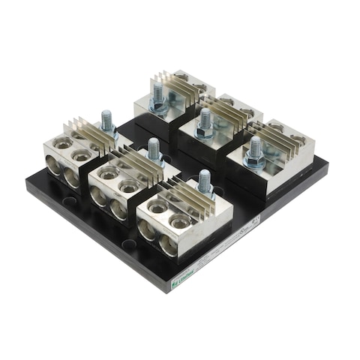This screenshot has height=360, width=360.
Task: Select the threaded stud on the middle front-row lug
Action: tap(154, 148)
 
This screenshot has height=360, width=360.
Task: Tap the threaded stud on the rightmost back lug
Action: tap(255, 146)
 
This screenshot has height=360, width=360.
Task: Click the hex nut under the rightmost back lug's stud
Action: tap(255, 160)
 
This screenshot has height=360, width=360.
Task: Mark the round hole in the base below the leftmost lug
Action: tap(69, 202)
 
